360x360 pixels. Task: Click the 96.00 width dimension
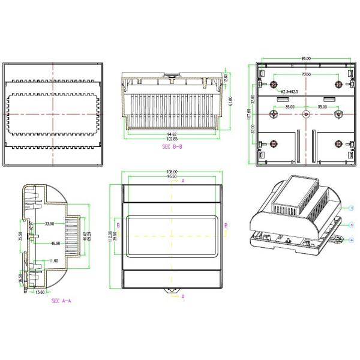306,58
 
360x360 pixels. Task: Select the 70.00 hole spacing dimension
306,74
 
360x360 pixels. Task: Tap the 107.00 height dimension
250,113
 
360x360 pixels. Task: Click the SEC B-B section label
173,146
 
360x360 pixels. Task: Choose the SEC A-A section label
62,301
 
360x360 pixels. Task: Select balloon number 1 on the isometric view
352,207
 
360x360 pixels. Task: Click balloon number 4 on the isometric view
352,239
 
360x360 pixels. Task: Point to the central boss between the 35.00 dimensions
306,113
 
